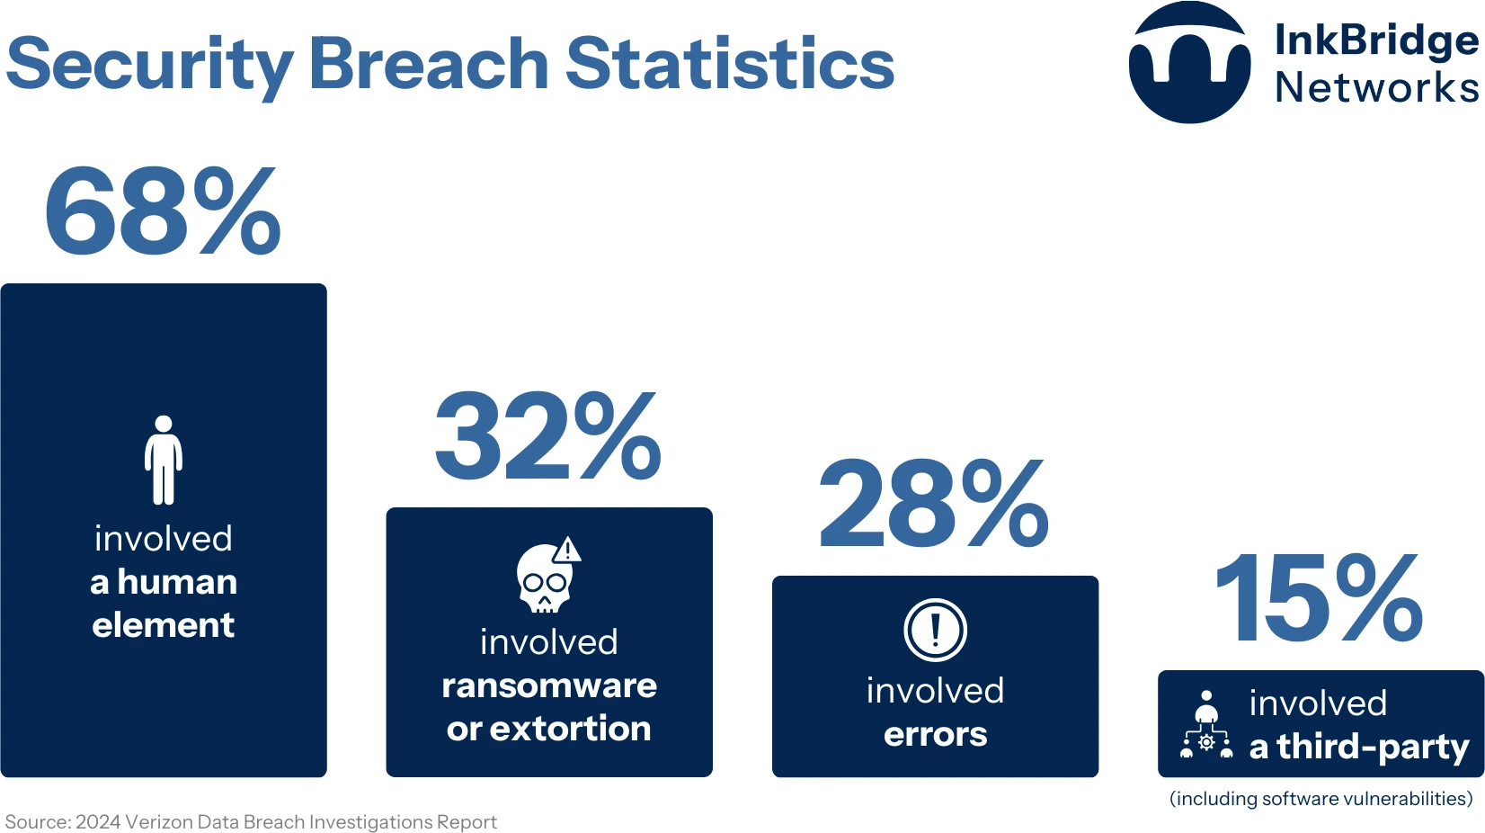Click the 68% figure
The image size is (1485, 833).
163,211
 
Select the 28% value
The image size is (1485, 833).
934,504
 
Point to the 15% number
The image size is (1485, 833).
1319,598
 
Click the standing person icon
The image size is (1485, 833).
164,460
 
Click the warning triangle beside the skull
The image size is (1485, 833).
567,550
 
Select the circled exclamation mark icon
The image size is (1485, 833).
935,630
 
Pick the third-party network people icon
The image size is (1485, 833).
1206,725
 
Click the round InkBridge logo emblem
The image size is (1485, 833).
1189,63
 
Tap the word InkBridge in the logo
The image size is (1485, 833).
1376,40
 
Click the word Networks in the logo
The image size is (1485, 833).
1376,88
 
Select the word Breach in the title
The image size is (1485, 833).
429,64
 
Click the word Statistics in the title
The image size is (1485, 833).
729,64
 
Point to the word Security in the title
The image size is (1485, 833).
150,66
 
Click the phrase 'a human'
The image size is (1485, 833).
164,582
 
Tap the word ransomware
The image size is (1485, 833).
549,685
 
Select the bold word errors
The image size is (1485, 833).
935,734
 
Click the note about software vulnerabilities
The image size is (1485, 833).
1320,799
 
